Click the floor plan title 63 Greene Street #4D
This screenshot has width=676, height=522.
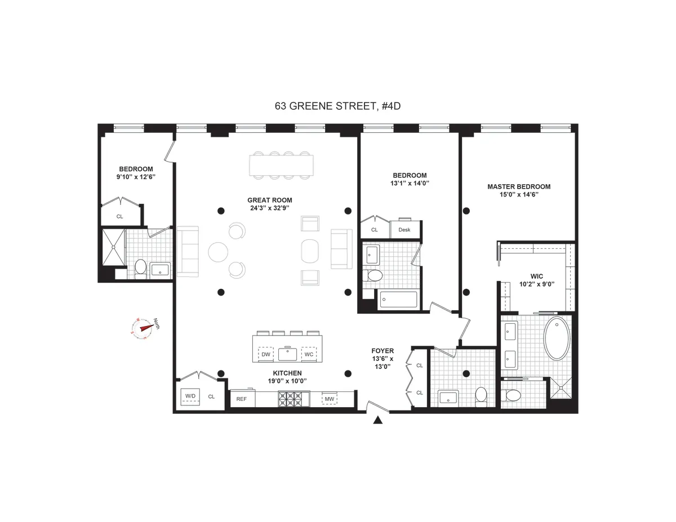(337, 105)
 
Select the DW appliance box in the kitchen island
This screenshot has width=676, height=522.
(266, 354)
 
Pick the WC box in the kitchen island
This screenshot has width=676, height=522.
(308, 354)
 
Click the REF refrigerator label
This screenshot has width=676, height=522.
(242, 399)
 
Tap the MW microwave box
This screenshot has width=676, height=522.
(328, 399)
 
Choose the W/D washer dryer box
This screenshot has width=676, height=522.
(190, 396)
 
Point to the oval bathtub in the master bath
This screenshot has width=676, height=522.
(557, 338)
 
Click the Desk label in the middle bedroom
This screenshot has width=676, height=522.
(404, 230)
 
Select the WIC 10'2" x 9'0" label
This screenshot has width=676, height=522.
(536, 280)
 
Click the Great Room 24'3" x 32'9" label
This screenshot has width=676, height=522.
(270, 204)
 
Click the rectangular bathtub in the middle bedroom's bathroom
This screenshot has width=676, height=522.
(398, 300)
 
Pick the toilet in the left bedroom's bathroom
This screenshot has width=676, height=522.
(140, 269)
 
